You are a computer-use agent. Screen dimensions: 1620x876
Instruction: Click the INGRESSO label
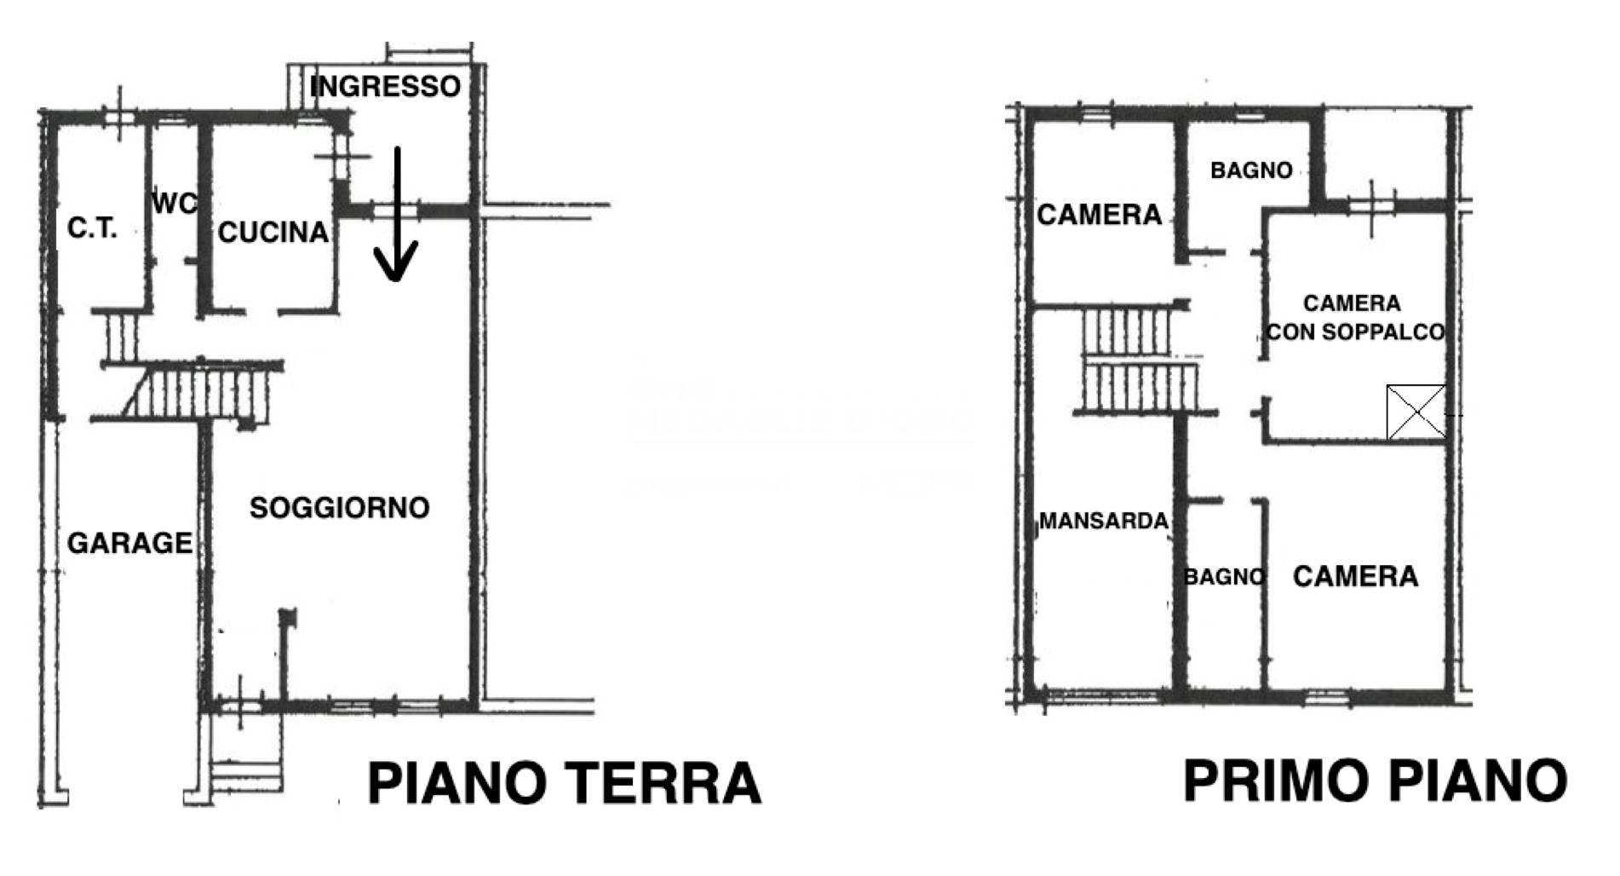tap(385, 86)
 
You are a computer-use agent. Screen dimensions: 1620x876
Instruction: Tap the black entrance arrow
tap(396, 214)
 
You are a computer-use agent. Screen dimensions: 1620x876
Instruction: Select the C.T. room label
tap(92, 228)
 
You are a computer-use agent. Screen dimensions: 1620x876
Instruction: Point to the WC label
tap(175, 204)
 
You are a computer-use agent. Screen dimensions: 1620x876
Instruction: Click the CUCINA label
tap(273, 233)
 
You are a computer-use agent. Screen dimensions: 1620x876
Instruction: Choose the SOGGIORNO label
tap(339, 508)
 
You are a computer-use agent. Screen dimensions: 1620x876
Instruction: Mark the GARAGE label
tap(129, 543)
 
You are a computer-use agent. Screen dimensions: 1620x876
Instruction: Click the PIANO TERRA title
tap(564, 783)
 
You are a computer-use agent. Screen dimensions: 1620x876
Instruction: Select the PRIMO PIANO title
tap(1375, 780)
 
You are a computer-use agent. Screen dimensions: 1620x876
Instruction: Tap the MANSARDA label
tap(1104, 521)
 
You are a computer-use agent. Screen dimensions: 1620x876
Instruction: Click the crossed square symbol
tap(1416, 412)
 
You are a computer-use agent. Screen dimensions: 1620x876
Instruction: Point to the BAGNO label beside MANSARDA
tap(1224, 577)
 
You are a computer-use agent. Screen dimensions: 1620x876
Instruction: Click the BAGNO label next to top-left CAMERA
tap(1251, 170)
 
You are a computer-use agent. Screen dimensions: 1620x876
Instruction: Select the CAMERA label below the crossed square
tap(1355, 577)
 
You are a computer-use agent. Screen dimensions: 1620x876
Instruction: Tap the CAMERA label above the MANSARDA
tap(1099, 215)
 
